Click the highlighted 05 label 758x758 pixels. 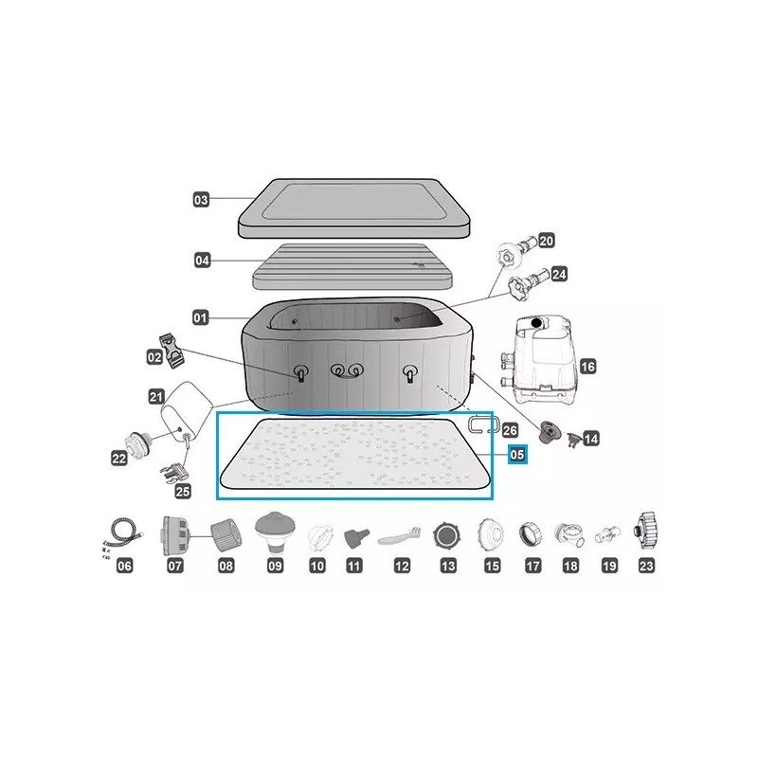[x=516, y=455]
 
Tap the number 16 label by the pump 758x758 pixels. [x=587, y=367]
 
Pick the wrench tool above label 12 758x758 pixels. [x=399, y=536]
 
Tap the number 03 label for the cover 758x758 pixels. [x=201, y=200]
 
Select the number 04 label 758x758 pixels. [x=202, y=261]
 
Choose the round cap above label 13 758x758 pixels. [x=446, y=535]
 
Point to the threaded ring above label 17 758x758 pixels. [x=531, y=534]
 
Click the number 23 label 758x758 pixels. [x=646, y=566]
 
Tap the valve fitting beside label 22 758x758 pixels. [x=138, y=442]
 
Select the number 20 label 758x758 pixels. [x=546, y=241]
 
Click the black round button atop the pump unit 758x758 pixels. [x=536, y=322]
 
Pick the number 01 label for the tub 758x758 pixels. [x=200, y=318]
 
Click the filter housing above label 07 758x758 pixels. [x=173, y=535]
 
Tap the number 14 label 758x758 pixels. [x=590, y=439]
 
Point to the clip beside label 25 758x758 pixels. [x=173, y=472]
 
